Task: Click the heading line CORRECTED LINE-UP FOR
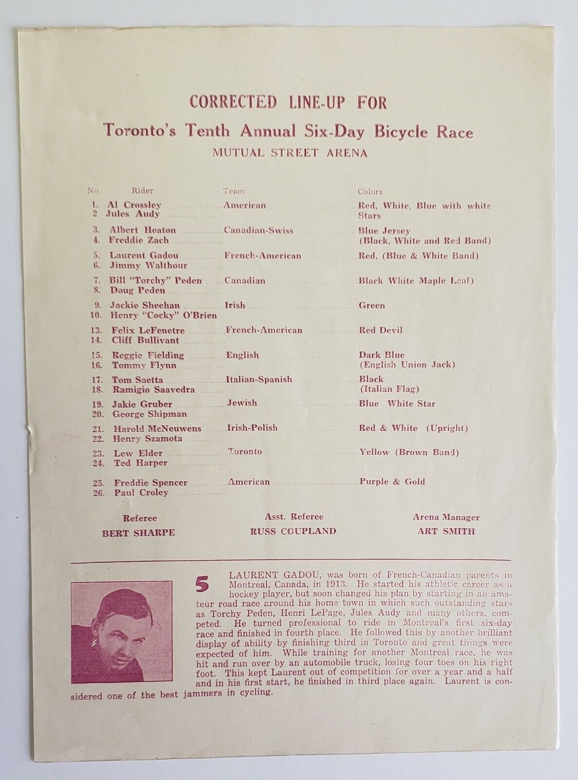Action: pyautogui.click(x=288, y=103)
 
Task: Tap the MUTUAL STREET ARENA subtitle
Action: pyautogui.click(x=289, y=153)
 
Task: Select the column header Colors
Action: pyautogui.click(x=370, y=192)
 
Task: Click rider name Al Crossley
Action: pyautogui.click(x=135, y=205)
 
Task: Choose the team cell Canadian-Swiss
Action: pyautogui.click(x=258, y=231)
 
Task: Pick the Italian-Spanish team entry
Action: pyautogui.click(x=259, y=379)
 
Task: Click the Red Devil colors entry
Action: pyautogui.click(x=381, y=331)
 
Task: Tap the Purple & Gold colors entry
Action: pyautogui.click(x=392, y=482)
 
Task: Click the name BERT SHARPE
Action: pyautogui.click(x=138, y=532)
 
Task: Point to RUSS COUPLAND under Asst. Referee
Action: pyautogui.click(x=293, y=531)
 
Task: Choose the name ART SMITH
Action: pyautogui.click(x=445, y=531)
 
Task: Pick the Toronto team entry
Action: pyautogui.click(x=246, y=451)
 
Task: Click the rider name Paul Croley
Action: pyautogui.click(x=141, y=492)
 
